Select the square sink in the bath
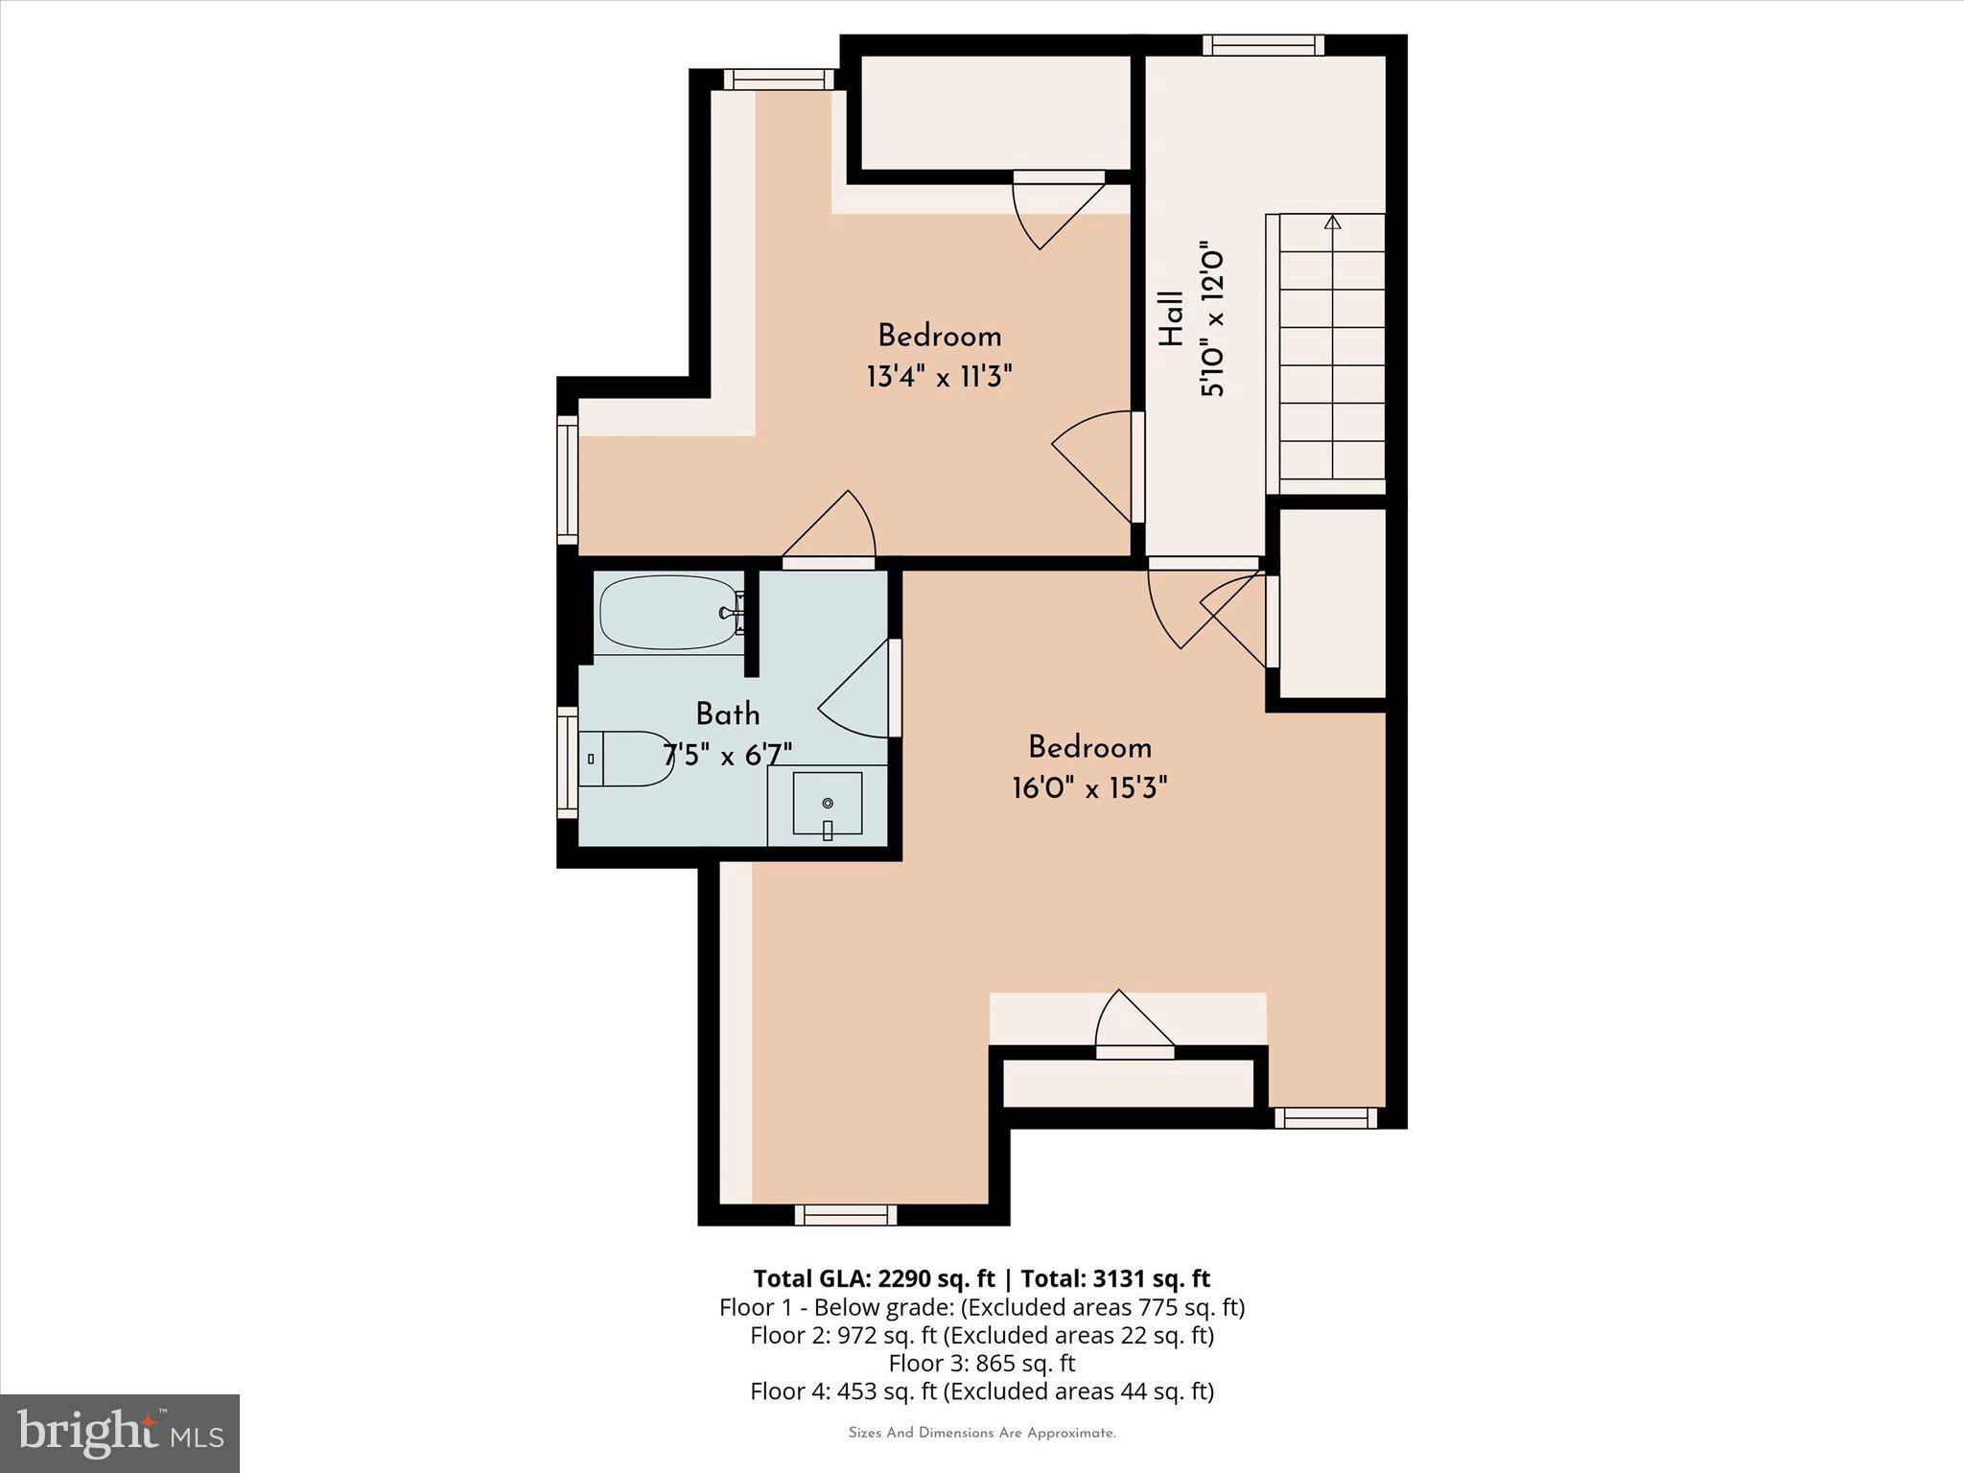click(x=827, y=804)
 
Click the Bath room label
click(x=728, y=714)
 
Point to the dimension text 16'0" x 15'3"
click(x=1089, y=788)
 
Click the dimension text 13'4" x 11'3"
click(x=939, y=377)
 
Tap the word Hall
click(x=1171, y=318)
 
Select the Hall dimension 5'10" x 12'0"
click(x=1212, y=319)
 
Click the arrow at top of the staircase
click(x=1332, y=222)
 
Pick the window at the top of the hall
click(x=1264, y=45)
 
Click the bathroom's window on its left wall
click(x=568, y=762)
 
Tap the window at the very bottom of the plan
click(x=846, y=1215)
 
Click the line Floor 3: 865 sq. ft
click(x=981, y=1363)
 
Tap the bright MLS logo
click(x=120, y=1433)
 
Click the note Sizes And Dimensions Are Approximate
click(x=981, y=1433)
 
